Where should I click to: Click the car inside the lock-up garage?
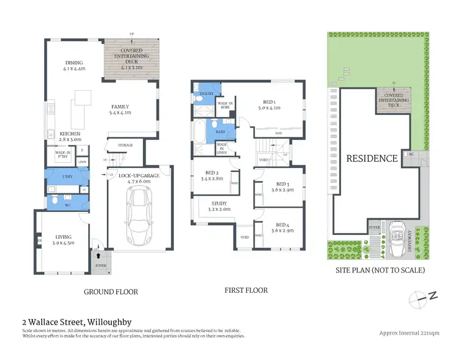pyautogui.click(x=138, y=215)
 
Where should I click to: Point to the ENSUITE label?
pyautogui.click(x=203, y=95)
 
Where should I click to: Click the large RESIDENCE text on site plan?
pyautogui.click(x=372, y=158)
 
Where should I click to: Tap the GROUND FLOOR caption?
pyautogui.click(x=111, y=292)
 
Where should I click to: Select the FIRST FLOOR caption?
pyautogui.click(x=246, y=290)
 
